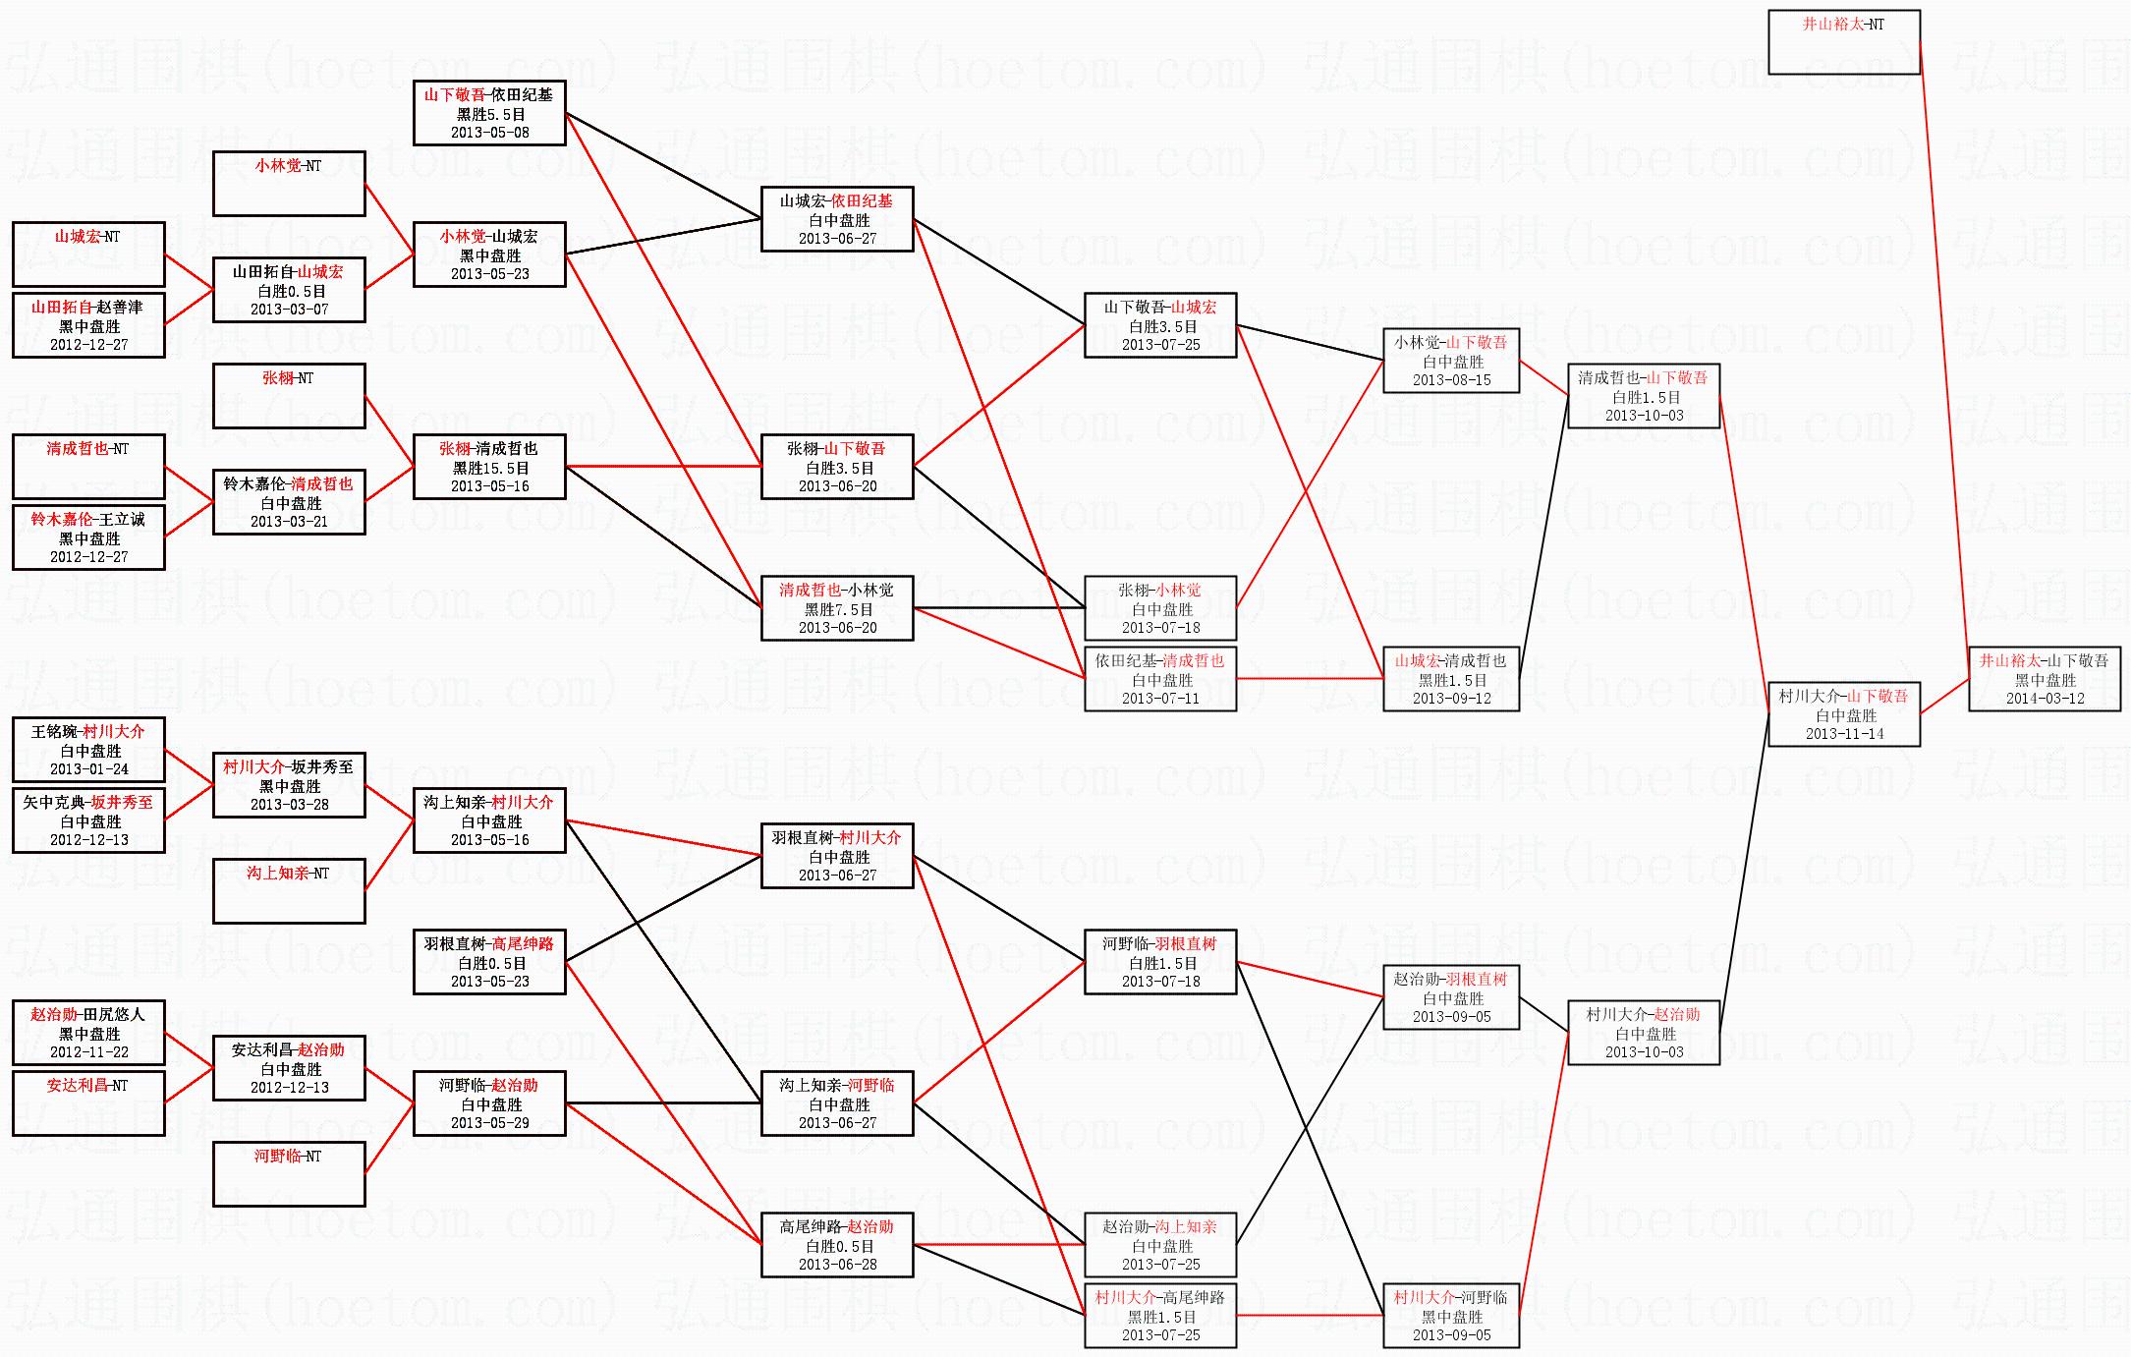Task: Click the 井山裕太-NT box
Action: coord(1843,42)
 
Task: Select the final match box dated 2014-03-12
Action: coord(2044,679)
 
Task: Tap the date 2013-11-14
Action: coord(1844,734)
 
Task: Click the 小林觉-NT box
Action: coord(289,184)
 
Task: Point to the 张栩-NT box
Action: coord(289,396)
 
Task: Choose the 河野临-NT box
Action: coord(289,1174)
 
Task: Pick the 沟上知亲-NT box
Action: coord(289,891)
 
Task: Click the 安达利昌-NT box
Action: coord(88,1103)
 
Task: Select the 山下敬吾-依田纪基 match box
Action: coord(489,113)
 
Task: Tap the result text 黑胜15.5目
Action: coord(490,468)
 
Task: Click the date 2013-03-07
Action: coord(289,310)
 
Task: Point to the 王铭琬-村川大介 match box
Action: coord(88,750)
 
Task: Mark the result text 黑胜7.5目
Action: coord(838,609)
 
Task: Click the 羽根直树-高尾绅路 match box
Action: coord(489,962)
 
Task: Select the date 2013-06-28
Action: coord(838,1265)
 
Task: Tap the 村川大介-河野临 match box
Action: coord(1451,1316)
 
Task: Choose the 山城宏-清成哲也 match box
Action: coord(1451,679)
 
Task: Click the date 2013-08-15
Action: coord(1451,380)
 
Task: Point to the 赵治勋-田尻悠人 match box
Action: coord(88,1033)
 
